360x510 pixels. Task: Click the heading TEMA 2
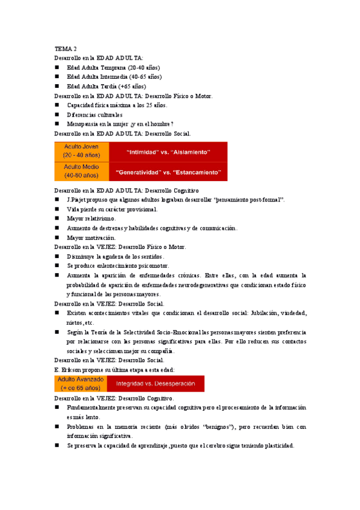coord(66,49)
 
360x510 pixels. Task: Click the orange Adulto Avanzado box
coord(81,384)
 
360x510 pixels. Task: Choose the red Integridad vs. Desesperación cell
coord(156,384)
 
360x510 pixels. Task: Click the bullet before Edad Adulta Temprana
coord(57,68)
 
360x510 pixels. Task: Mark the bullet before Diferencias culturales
coord(57,114)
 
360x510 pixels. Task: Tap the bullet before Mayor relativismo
coord(57,218)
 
